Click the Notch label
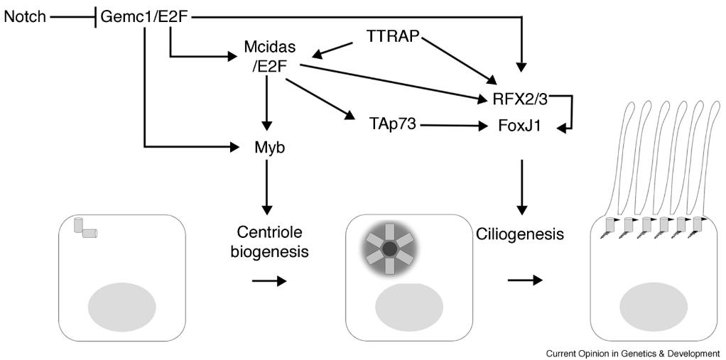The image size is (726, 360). pos(23,15)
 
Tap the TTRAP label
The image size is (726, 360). pos(390,34)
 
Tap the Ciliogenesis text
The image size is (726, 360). pos(521,233)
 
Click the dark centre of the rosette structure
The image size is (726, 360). pos(390,249)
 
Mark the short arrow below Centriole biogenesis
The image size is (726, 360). pos(269,281)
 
